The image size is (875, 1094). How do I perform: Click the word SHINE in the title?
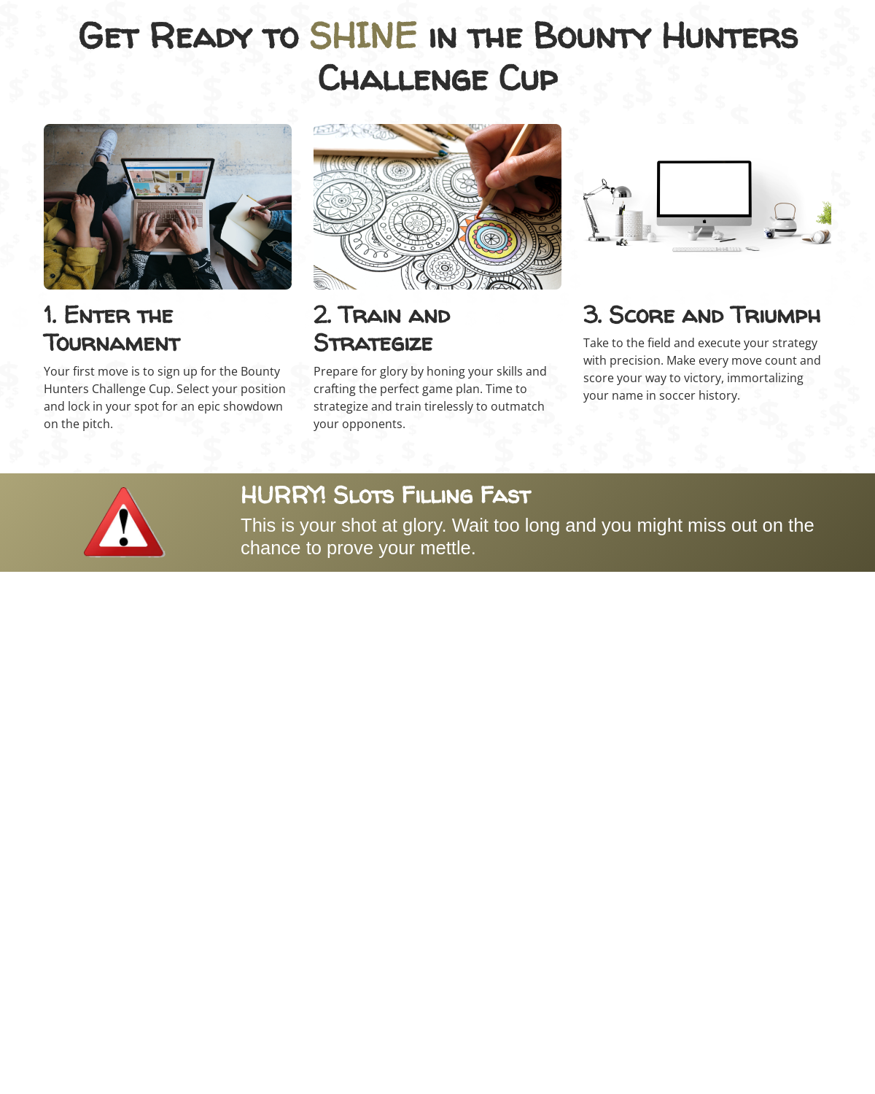pos(363,36)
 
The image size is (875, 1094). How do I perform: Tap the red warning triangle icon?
pos(124,523)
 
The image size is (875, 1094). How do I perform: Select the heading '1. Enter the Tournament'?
pos(112,329)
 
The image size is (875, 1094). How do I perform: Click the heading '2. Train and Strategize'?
pos(382,329)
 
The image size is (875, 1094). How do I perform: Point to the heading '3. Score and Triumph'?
pos(701,315)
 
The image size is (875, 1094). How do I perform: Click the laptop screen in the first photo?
pos(168,179)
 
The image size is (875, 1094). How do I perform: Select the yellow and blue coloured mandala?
pos(491,238)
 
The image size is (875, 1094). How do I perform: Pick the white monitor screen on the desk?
pos(704,189)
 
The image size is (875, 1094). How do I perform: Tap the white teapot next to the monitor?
pos(784,220)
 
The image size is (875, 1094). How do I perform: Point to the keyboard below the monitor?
pos(707,249)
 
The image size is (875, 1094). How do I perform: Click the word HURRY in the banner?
pos(283,495)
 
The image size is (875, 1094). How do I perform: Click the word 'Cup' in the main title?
pos(528,79)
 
